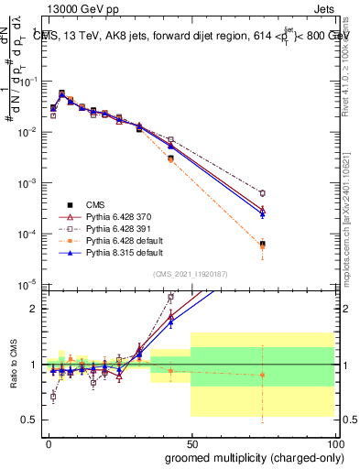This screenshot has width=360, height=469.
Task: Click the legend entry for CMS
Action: click(x=96, y=204)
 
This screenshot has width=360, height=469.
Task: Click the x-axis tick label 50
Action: click(x=191, y=442)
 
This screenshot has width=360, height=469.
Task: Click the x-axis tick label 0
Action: click(x=49, y=442)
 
